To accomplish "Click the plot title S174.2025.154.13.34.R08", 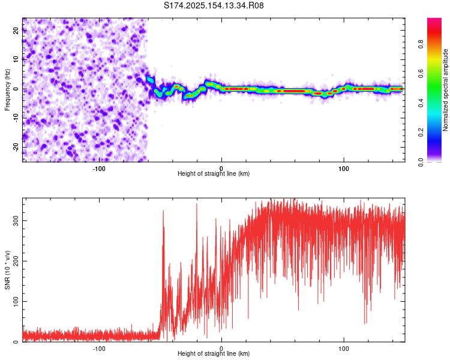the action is click(214, 5).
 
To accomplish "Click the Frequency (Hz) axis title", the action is click(7, 90).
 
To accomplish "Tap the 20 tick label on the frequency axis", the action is click(16, 31).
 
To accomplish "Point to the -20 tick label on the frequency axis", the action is click(16, 147).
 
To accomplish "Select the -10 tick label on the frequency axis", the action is click(16, 118).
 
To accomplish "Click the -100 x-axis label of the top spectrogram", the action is click(99, 169).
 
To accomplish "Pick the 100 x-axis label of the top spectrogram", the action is click(344, 169).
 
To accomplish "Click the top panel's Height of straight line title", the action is click(214, 173).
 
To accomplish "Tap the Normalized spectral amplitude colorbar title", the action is click(445, 90).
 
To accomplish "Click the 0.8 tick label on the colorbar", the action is click(421, 44).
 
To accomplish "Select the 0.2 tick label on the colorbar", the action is click(421, 133).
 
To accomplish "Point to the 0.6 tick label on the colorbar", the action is click(421, 74).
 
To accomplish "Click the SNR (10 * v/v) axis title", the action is click(7, 270).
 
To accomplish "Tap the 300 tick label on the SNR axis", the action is click(16, 220).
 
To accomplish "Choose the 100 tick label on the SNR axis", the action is click(16, 301).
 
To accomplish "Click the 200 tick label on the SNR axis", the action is click(16, 261).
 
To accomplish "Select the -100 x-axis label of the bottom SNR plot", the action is click(99, 349).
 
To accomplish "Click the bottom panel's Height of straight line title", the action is click(214, 353).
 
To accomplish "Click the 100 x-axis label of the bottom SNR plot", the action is click(344, 349).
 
